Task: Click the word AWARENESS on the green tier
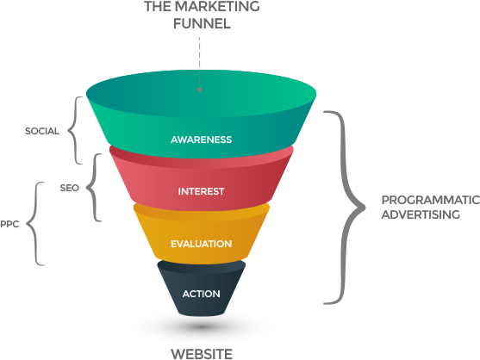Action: point(201,140)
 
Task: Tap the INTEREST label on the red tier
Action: point(201,191)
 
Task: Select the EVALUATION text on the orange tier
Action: point(201,244)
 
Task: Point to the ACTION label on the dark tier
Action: point(201,294)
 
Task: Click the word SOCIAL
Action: point(42,131)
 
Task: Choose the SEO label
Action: point(70,188)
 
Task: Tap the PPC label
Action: point(9,224)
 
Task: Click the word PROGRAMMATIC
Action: point(431,200)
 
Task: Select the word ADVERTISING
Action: point(421,214)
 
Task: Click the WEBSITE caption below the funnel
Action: point(202,354)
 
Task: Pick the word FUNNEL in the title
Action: point(202,23)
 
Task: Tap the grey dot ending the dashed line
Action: point(200,90)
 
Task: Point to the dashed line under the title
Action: point(200,61)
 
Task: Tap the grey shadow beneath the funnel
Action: point(201,327)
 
